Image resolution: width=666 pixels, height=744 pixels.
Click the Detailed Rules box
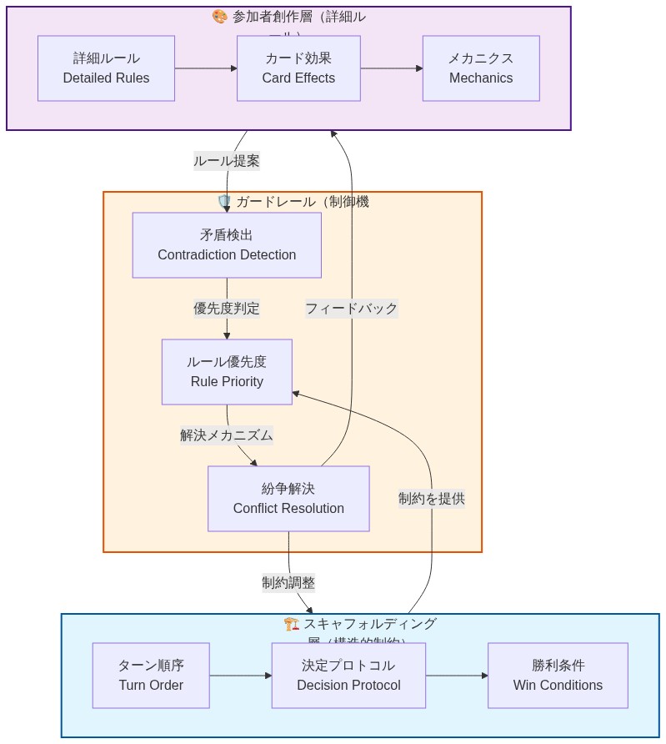click(x=106, y=68)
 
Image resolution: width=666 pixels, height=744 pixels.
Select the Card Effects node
click(x=298, y=68)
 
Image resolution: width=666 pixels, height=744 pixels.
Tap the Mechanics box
click(x=481, y=68)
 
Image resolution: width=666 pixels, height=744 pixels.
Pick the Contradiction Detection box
click(x=227, y=245)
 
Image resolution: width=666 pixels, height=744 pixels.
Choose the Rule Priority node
click(x=227, y=372)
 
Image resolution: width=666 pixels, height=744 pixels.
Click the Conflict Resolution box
click(x=288, y=499)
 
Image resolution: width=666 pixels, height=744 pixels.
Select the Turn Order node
click(x=151, y=676)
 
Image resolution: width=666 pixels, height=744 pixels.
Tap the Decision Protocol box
click(x=348, y=676)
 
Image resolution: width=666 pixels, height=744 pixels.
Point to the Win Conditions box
click(x=558, y=676)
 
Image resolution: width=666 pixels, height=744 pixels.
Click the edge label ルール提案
click(x=227, y=161)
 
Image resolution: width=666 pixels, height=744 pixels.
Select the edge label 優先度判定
click(x=227, y=309)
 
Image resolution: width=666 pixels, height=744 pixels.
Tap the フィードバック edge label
click(x=351, y=309)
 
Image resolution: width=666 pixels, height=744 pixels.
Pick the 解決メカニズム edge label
click(x=227, y=435)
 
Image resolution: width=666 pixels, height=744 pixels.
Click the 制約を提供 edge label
click(x=431, y=499)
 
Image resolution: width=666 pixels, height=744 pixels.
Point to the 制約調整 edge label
click(x=288, y=583)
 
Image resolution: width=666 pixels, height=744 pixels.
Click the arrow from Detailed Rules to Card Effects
click(x=206, y=68)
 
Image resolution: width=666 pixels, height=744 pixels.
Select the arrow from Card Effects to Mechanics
click(x=391, y=68)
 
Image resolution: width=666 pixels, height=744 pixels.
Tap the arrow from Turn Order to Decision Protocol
click(x=240, y=676)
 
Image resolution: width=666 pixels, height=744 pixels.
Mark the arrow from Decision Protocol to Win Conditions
click(x=456, y=676)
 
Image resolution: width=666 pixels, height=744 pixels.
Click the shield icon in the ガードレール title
click(x=223, y=202)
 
